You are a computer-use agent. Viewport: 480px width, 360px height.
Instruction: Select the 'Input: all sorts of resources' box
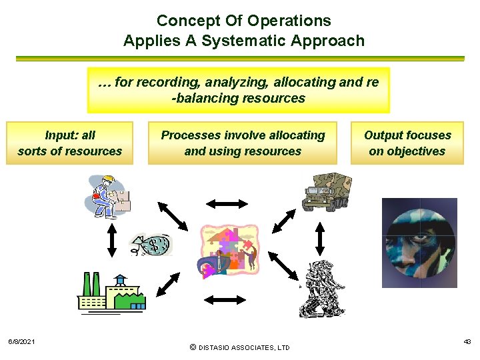tap(70, 143)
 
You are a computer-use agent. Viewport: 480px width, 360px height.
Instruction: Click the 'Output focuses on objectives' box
tap(407, 143)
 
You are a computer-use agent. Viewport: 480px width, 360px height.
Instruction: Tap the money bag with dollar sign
tap(152, 245)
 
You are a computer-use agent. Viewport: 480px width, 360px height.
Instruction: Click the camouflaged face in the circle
tap(419, 243)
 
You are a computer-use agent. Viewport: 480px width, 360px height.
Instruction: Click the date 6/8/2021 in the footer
tap(22, 342)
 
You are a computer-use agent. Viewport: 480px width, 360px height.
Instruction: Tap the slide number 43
tap(467, 341)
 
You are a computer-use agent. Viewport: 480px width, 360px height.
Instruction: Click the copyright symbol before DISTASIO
tap(193, 347)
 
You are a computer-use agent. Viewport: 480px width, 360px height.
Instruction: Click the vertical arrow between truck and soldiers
tap(320, 238)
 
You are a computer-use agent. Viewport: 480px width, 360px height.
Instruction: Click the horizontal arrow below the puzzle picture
tap(226, 301)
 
